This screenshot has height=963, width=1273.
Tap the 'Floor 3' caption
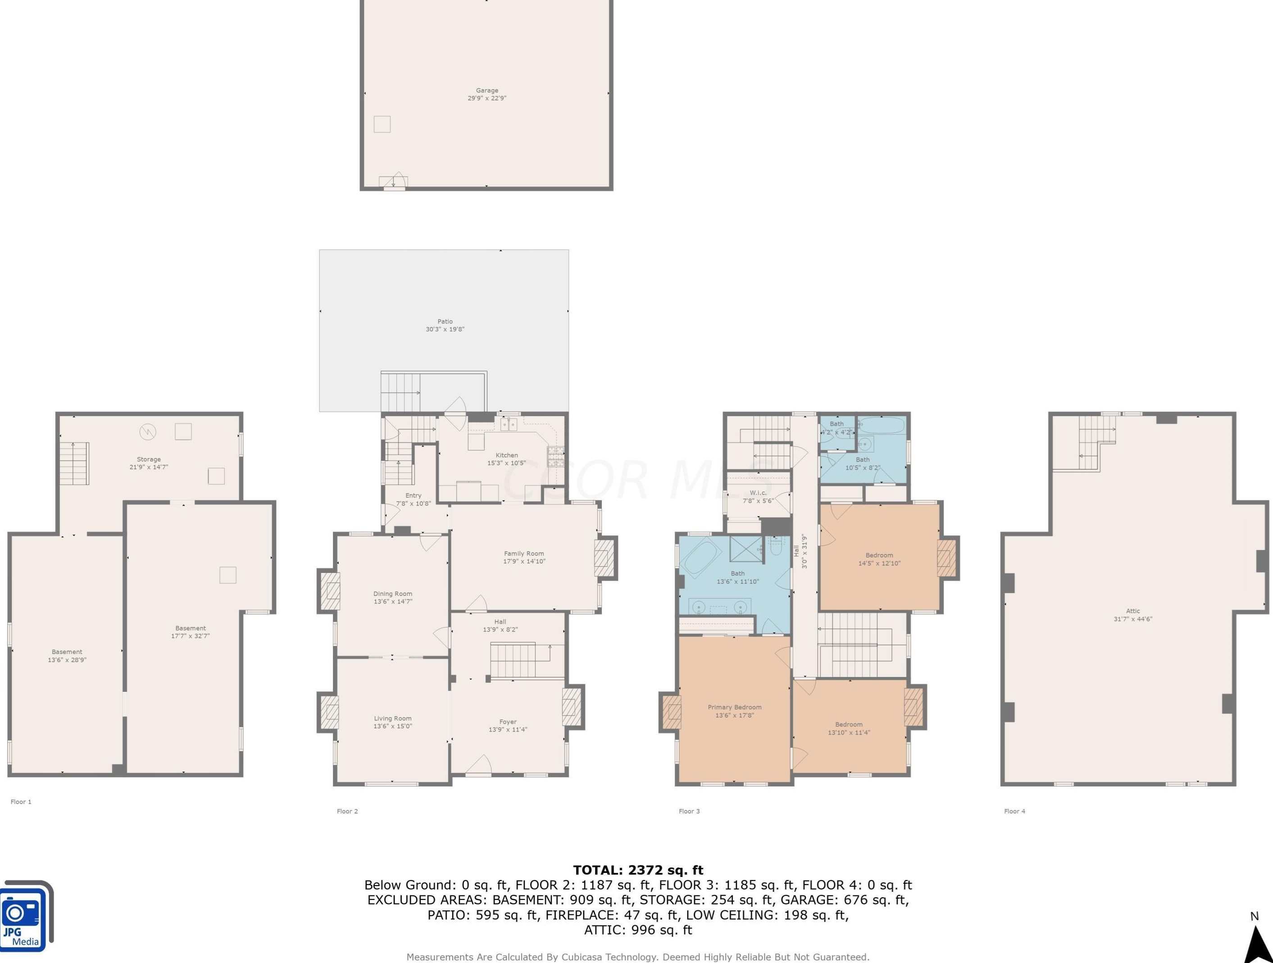690,811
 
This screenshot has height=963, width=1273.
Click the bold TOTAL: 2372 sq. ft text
638,870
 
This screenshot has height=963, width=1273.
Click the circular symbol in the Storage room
148,432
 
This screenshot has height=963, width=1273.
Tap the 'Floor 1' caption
21,802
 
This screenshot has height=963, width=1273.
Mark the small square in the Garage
382,124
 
